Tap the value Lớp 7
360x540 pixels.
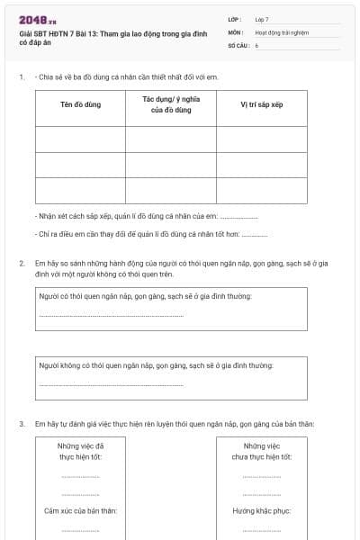coord(262,19)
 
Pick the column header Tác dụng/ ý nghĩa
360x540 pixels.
coord(170,104)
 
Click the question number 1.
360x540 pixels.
coord(22,76)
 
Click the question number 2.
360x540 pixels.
coord(22,263)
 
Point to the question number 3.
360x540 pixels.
coord(22,424)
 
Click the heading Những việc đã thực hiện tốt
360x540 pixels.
coord(80,451)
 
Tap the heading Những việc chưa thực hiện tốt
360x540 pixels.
coord(261,451)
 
